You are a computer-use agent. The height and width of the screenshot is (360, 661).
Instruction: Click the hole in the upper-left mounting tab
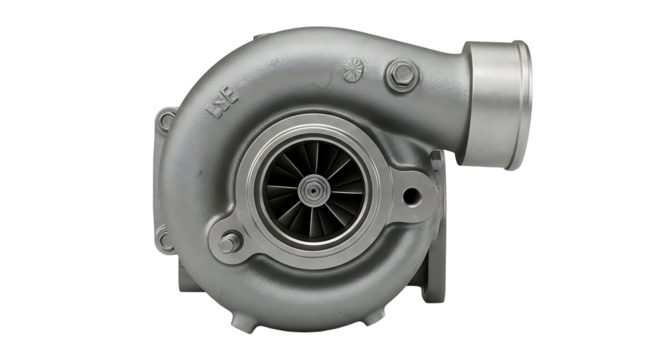pos(166,121)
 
